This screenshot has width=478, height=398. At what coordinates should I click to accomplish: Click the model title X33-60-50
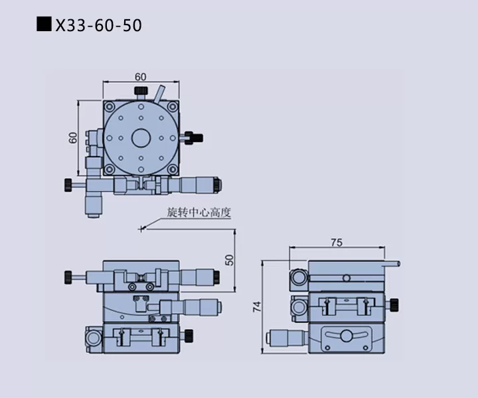[98, 25]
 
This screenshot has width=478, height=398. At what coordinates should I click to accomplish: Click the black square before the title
[44, 24]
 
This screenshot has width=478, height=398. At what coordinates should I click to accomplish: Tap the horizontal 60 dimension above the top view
[141, 77]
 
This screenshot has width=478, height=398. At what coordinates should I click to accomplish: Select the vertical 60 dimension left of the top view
[73, 137]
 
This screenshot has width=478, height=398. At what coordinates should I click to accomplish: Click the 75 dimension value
[337, 242]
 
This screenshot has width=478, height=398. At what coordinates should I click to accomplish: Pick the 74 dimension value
[257, 306]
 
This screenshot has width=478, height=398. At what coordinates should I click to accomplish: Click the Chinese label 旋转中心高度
[199, 212]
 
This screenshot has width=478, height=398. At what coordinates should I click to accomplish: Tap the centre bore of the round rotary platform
[141, 138]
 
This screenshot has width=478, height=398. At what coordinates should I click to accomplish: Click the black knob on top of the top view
[141, 90]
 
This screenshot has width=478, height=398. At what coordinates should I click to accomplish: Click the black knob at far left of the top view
[68, 185]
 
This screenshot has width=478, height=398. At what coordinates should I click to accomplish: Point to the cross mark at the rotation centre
[141, 229]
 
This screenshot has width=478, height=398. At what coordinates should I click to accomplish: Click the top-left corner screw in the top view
[109, 107]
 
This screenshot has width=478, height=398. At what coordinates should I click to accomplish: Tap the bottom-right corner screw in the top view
[173, 169]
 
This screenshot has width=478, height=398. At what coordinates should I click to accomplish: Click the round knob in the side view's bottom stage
[346, 336]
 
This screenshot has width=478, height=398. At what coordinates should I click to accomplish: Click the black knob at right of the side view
[394, 305]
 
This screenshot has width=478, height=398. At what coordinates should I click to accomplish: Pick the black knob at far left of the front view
[68, 277]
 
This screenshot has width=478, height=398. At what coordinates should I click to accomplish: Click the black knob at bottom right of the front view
[189, 336]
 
